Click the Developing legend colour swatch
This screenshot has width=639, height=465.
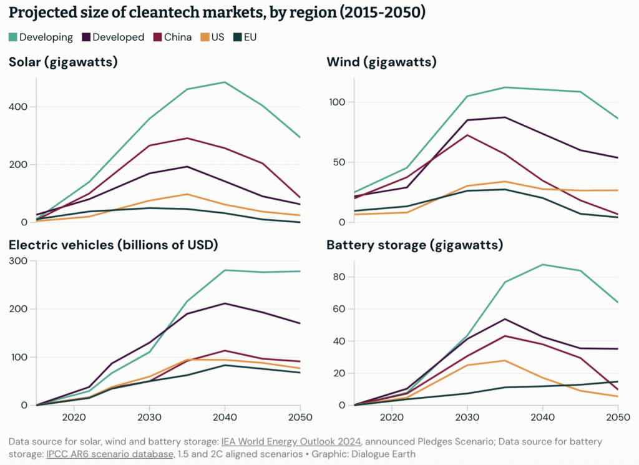(13, 37)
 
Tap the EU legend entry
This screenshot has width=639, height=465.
(245, 37)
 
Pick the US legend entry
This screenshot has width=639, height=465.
(213, 37)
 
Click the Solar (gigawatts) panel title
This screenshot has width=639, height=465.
(63, 62)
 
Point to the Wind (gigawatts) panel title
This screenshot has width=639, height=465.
(381, 62)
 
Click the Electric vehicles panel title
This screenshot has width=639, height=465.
(113, 245)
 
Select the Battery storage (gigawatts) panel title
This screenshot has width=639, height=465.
(414, 245)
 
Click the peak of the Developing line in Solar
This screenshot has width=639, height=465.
(225, 82)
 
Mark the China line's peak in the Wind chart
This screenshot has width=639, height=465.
(467, 135)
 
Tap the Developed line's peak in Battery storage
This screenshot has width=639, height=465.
(505, 319)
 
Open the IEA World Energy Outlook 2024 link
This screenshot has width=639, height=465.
(292, 441)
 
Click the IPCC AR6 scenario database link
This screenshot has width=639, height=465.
(110, 454)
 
